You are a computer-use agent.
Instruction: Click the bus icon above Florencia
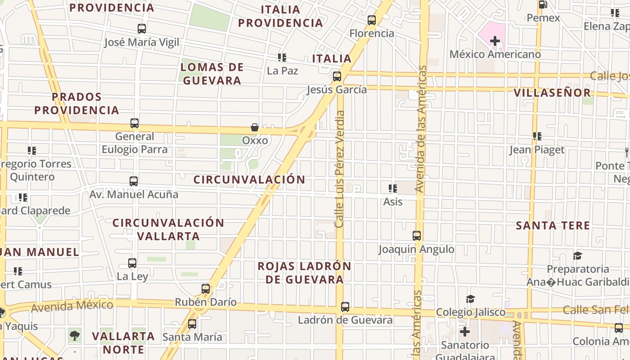(x=372, y=20)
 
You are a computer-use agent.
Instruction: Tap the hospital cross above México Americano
(x=495, y=41)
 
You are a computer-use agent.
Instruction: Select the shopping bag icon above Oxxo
(x=255, y=128)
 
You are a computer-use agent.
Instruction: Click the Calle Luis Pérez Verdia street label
(x=340, y=169)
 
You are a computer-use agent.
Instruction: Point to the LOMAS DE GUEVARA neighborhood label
(x=211, y=74)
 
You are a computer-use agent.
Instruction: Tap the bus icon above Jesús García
(x=337, y=76)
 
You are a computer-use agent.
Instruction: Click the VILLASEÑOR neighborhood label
(x=552, y=93)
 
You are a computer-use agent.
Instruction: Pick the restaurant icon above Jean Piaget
(x=537, y=136)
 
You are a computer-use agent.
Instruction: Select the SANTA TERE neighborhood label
(x=553, y=225)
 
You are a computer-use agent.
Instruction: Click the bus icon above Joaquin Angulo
(x=417, y=235)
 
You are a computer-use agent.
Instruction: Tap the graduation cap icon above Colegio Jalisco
(x=470, y=299)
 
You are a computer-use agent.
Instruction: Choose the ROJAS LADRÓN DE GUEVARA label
(x=304, y=272)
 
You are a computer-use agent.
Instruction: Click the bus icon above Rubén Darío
(x=206, y=289)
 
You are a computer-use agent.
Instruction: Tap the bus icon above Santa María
(x=192, y=324)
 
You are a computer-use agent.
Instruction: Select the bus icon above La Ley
(x=132, y=263)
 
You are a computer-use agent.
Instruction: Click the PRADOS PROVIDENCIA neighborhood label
(x=76, y=103)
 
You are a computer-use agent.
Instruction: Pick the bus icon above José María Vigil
(x=142, y=29)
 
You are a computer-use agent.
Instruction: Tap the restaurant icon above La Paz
(x=282, y=58)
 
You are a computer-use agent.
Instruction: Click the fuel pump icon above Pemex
(x=543, y=5)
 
